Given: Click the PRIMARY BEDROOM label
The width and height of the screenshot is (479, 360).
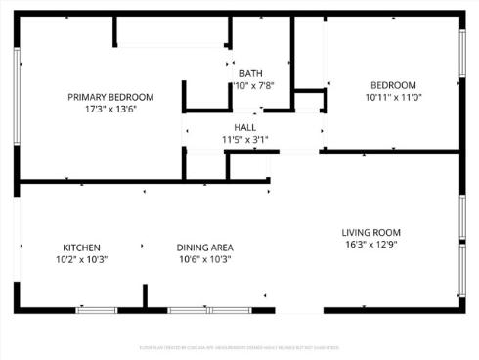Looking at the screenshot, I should click(110, 96).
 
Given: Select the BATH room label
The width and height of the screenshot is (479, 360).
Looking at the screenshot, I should click(251, 73).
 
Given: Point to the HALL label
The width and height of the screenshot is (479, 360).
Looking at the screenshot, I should click(244, 128).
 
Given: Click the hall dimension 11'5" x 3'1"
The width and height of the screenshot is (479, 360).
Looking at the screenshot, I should click(244, 140).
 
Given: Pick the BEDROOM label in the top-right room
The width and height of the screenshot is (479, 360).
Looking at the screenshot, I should click(393, 85).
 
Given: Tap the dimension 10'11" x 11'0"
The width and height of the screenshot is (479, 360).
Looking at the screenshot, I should click(393, 97).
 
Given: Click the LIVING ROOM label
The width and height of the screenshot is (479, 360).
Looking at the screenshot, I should click(370, 232).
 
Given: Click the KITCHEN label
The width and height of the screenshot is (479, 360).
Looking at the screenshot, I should click(82, 247).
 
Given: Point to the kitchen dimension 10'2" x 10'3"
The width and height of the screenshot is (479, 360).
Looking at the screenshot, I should click(82, 259).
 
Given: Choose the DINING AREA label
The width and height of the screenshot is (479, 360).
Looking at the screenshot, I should click(204, 247).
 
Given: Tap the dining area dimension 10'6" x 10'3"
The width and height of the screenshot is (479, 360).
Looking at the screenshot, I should click(204, 259).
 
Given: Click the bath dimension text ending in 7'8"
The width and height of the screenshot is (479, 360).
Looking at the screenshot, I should click(253, 85).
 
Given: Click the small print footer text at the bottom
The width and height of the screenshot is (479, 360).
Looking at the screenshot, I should click(239, 347).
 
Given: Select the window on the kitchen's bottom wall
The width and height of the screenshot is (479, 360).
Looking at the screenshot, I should click(96, 310).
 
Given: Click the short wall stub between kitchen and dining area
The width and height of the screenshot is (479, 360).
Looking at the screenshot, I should click(146, 296).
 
